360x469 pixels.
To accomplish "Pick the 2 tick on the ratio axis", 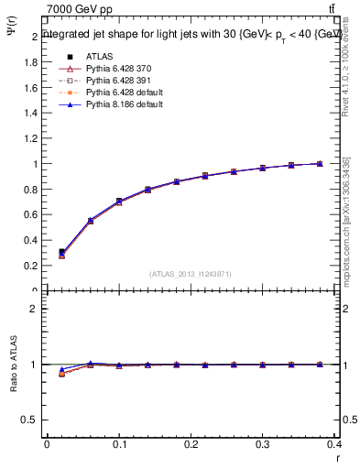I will point(34,309).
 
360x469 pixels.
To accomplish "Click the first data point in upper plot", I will point(61,252).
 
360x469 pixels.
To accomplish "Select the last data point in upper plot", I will point(320,164).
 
